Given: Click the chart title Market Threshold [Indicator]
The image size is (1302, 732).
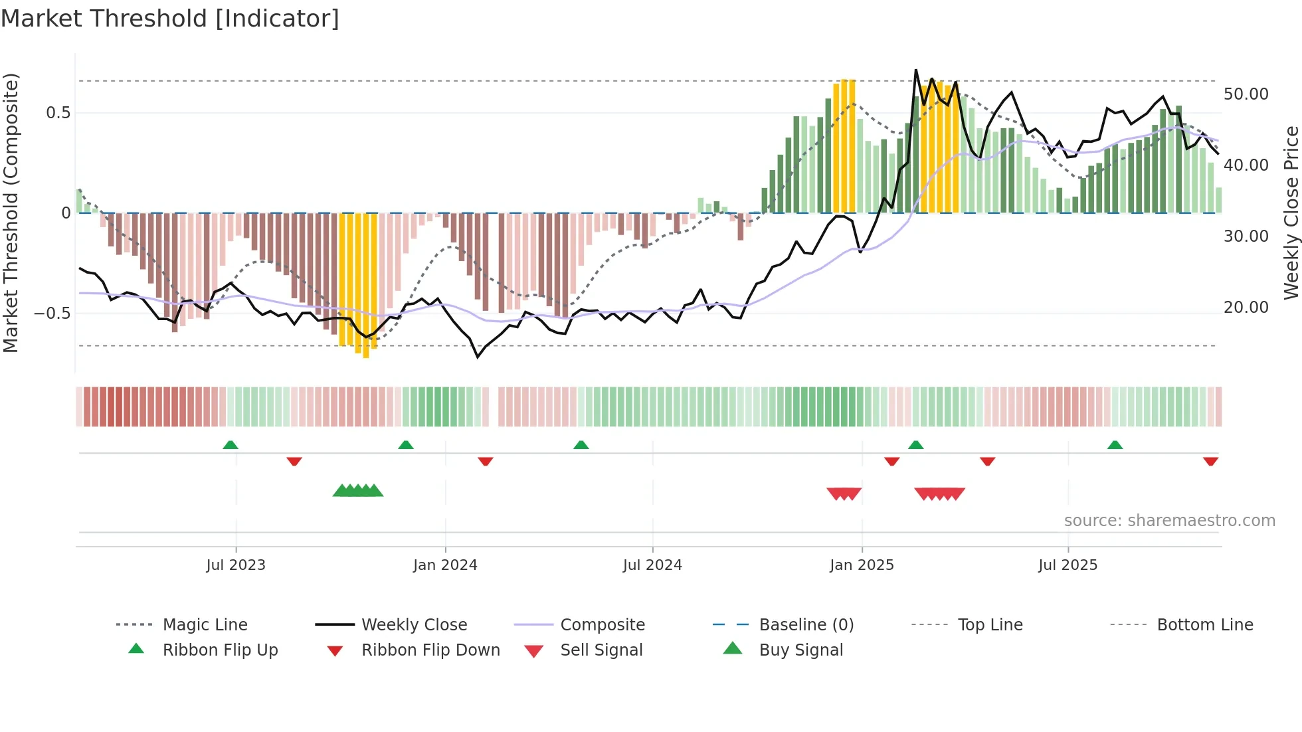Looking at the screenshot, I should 170,19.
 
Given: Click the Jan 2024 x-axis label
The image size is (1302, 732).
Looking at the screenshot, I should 445,565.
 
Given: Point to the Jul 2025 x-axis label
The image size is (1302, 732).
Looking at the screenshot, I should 1068,565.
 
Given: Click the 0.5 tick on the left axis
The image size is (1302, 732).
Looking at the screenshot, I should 58,113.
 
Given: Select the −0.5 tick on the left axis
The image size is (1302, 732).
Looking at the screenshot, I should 52,314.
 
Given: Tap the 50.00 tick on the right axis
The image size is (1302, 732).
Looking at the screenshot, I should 1246,94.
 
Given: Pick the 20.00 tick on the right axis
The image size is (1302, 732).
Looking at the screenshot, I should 1246,308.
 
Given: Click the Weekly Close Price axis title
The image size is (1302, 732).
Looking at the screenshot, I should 1291,213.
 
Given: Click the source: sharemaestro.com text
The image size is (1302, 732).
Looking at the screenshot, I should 1169,521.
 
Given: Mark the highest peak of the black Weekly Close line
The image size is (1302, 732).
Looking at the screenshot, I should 916,70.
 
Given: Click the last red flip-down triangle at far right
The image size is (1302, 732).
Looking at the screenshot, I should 1210,461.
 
